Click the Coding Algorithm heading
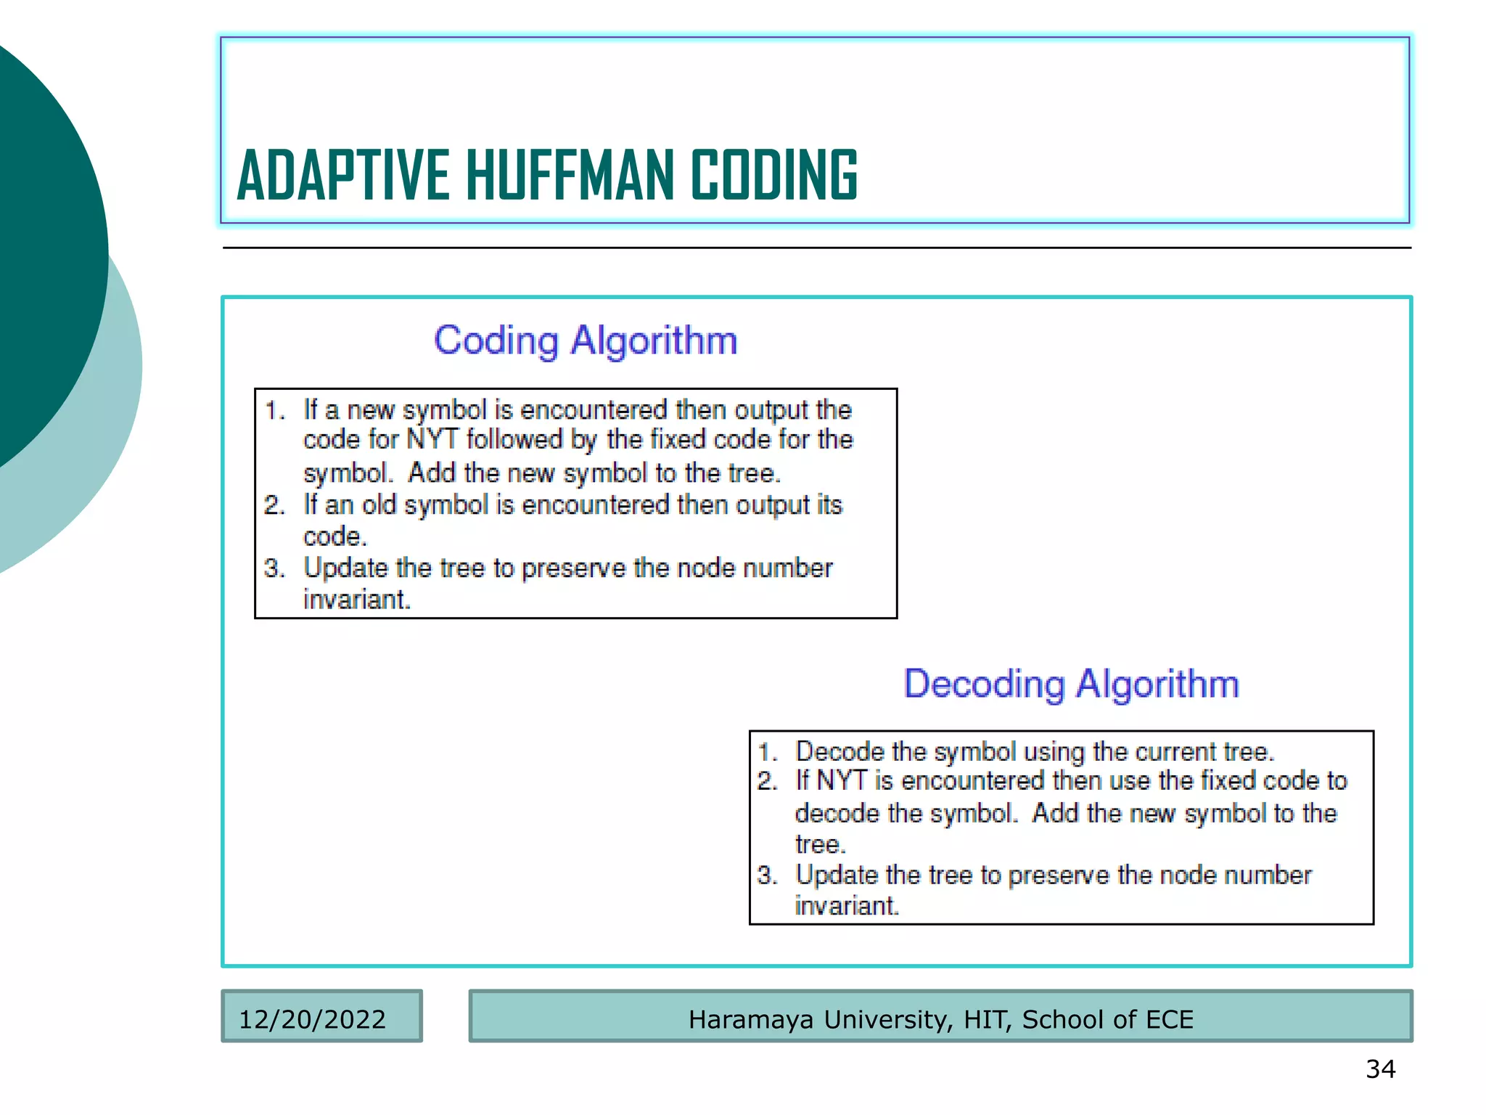click(x=586, y=340)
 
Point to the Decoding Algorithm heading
click(x=1071, y=684)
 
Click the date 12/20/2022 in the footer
click(x=312, y=1019)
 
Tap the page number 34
click(x=1380, y=1069)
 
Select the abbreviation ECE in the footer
click(x=1169, y=1019)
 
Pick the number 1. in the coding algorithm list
click(x=275, y=411)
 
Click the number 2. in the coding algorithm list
click(x=274, y=505)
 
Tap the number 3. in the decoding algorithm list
click(x=767, y=875)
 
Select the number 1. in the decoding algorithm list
click(x=768, y=752)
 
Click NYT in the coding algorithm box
click(x=432, y=440)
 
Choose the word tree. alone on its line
click(x=821, y=845)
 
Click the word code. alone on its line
click(x=335, y=537)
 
